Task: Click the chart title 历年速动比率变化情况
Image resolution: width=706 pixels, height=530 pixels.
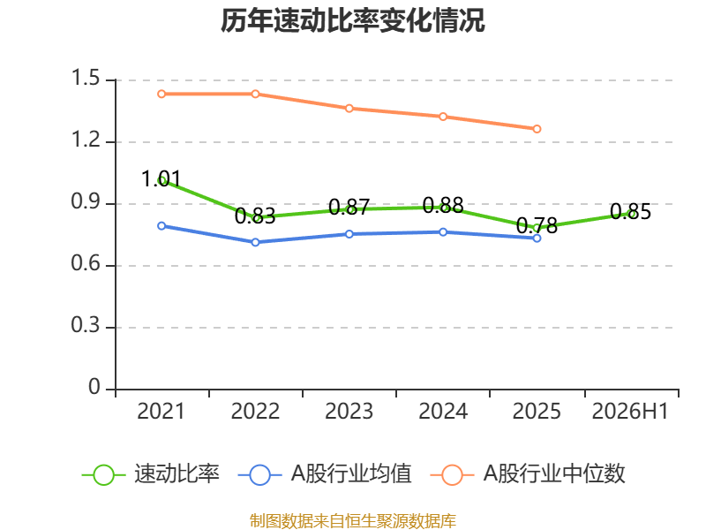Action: click(352, 20)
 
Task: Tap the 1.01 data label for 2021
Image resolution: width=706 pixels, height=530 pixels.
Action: click(161, 179)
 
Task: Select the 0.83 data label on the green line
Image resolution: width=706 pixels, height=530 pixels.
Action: click(255, 216)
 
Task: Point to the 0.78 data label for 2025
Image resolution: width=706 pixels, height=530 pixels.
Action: click(537, 225)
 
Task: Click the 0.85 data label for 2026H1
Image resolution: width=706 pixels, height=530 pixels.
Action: click(630, 212)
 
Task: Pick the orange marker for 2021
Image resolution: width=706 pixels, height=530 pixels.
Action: click(161, 94)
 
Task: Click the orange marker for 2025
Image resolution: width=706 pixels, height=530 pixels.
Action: click(537, 129)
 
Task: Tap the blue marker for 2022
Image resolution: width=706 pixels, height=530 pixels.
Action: click(255, 242)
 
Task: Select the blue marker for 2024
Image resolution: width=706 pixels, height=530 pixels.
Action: click(443, 232)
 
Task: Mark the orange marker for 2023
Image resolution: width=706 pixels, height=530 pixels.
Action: click(349, 108)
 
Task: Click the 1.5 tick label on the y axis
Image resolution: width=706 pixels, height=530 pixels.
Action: click(86, 78)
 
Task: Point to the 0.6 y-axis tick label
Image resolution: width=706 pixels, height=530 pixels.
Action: click(86, 263)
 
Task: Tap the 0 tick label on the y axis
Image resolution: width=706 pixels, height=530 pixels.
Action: click(94, 387)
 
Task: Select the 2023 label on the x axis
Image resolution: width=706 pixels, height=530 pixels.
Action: click(349, 412)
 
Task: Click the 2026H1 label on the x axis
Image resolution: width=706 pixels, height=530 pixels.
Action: click(630, 412)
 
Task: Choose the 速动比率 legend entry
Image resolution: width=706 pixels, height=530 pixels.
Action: click(150, 474)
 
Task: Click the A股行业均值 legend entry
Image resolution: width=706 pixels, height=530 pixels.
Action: click(325, 474)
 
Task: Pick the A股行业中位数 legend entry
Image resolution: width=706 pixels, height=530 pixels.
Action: click(528, 474)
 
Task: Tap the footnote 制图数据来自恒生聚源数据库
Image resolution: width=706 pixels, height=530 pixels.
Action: click(353, 521)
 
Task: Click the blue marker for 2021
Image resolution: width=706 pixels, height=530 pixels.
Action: click(161, 226)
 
